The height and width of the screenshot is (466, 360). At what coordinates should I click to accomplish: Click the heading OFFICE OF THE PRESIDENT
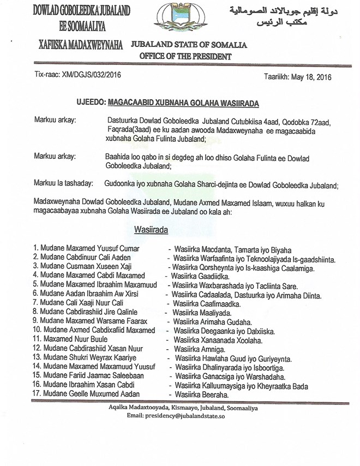click(185, 56)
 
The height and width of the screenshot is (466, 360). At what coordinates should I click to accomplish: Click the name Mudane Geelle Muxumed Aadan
click(87, 394)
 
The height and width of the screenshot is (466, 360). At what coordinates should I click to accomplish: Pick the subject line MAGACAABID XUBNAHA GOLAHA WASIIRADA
click(183, 101)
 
